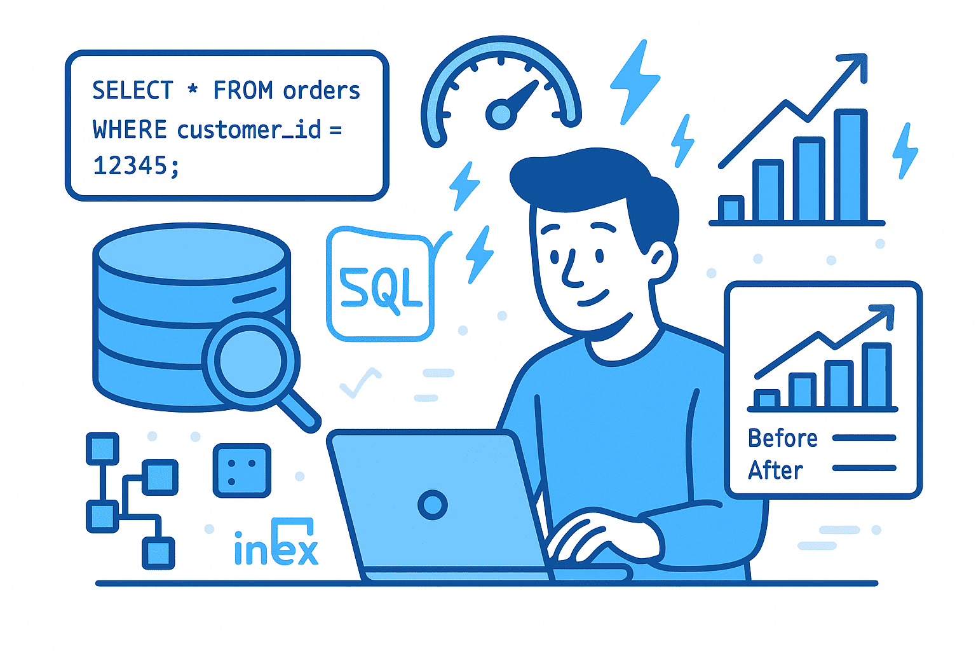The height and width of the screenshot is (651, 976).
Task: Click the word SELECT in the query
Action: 132,90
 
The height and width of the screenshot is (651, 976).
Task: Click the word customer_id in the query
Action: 249,130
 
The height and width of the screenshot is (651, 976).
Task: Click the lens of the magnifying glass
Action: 250,361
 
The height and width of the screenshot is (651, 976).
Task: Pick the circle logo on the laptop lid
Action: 433,505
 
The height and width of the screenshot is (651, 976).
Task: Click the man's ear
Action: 661,261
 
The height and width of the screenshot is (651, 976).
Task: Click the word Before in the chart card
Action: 783,438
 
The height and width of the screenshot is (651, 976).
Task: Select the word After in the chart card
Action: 775,470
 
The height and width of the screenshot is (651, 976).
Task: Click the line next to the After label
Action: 864,468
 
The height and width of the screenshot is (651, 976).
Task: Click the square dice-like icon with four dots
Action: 242,470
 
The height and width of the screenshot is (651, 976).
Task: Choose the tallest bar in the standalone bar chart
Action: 850,165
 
